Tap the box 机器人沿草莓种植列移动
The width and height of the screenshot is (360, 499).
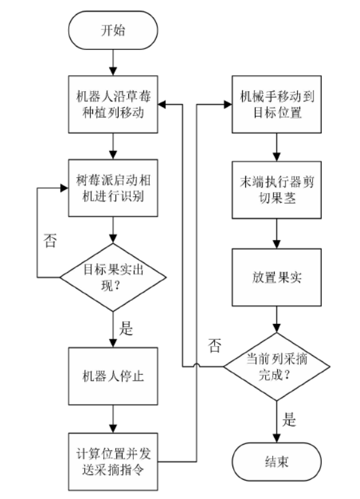click(x=113, y=105)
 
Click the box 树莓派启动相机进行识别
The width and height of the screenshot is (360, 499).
click(x=113, y=188)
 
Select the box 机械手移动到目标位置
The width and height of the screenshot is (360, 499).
click(x=275, y=105)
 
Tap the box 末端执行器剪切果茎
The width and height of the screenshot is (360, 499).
click(x=275, y=188)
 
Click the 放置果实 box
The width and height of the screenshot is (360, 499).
click(x=275, y=278)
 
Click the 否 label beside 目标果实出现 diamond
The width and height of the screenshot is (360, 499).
click(x=48, y=241)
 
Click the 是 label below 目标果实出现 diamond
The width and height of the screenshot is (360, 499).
click(x=126, y=329)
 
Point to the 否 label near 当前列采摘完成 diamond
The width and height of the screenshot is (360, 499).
click(x=215, y=347)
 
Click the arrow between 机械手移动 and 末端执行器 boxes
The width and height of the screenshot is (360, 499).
click(x=275, y=146)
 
